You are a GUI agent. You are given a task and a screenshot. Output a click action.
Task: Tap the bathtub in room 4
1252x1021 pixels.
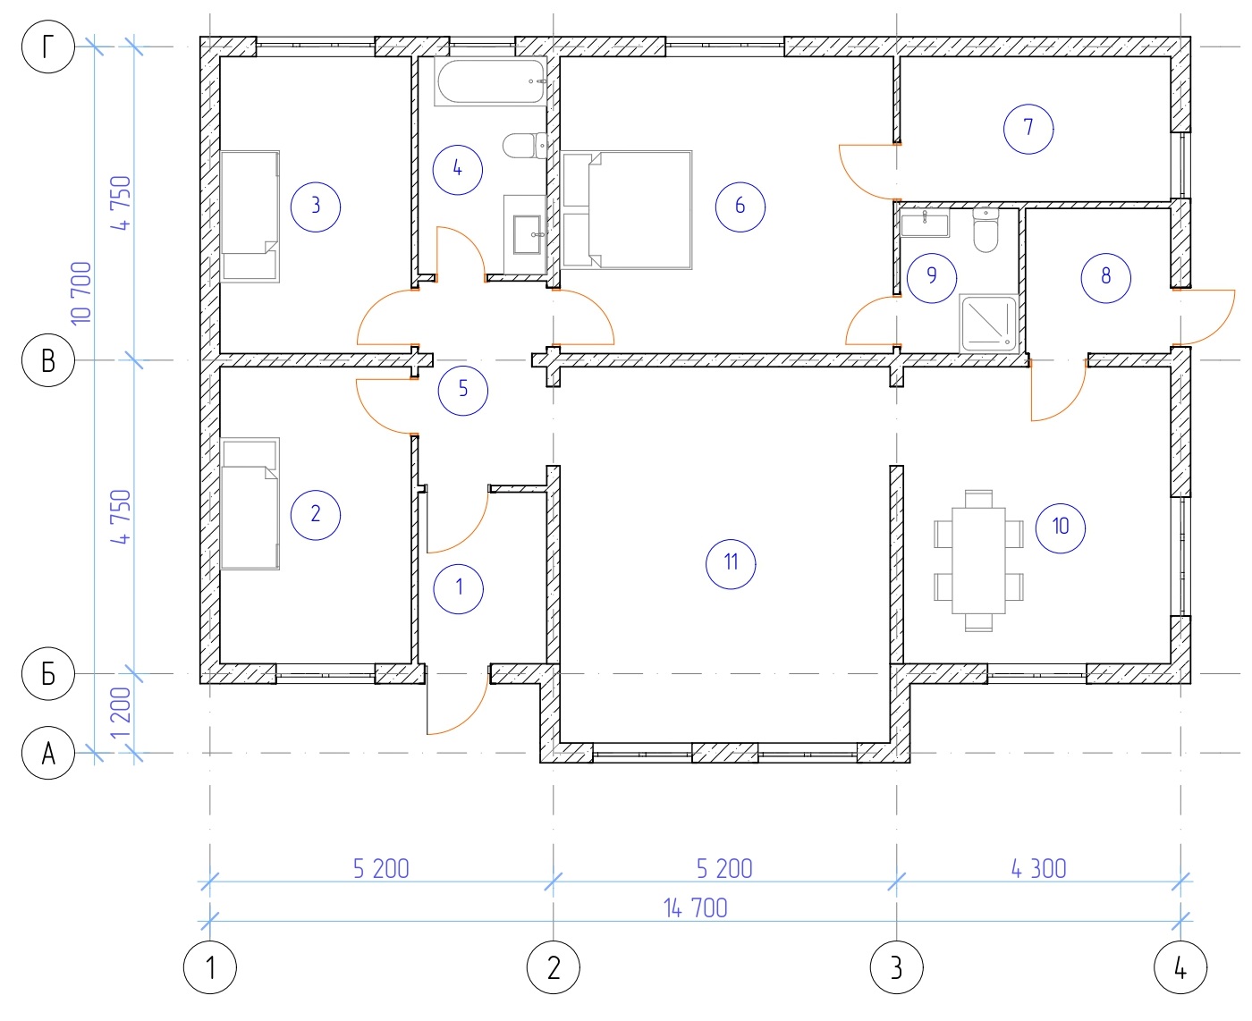pos(490,81)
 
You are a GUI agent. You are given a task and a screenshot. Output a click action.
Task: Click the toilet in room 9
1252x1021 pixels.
pos(985,230)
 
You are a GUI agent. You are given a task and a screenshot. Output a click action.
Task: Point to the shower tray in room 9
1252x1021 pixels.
pos(989,325)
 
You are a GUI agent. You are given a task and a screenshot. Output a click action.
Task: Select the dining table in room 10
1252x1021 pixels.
pos(977,561)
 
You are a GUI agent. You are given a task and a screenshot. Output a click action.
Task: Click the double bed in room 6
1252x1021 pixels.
pos(626,210)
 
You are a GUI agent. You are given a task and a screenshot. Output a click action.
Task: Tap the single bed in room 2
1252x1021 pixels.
pos(250,504)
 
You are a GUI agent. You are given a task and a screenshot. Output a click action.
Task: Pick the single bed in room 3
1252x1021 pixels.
pos(250,216)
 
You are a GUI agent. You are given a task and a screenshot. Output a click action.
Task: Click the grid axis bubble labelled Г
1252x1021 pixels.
pos(48,46)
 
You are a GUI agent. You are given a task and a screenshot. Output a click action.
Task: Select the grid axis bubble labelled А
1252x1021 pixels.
pos(48,753)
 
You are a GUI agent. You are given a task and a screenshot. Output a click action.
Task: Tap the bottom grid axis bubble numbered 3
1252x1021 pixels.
pos(896,967)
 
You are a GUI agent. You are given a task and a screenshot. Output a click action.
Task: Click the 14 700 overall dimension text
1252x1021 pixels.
pos(695,908)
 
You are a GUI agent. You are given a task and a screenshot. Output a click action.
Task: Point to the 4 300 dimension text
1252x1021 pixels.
pos(1038,869)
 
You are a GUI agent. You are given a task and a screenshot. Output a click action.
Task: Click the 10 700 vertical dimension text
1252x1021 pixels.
pos(81,293)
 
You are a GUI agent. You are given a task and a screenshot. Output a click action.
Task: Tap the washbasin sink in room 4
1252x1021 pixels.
pos(526,234)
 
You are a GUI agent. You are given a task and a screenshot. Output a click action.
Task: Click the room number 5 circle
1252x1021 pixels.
pos(462,390)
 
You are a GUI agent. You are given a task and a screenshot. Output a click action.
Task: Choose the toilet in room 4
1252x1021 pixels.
pos(525,146)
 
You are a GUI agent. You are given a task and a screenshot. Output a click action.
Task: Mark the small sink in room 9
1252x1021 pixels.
pos(925,224)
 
